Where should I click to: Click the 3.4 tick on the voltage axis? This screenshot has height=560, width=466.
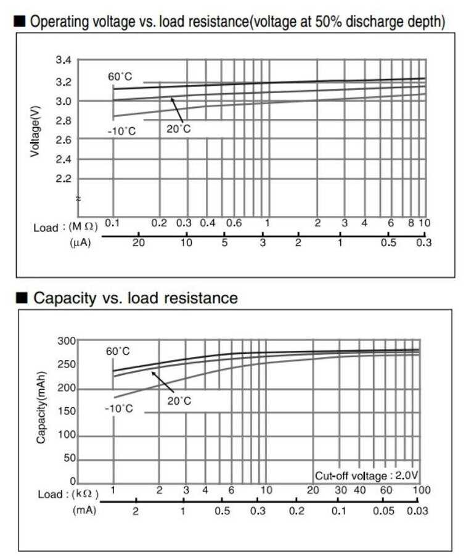[63, 60]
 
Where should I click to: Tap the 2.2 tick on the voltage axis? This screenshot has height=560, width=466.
[63, 179]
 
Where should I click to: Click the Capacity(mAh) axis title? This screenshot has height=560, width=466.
[41, 408]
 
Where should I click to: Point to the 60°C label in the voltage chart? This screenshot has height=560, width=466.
[120, 76]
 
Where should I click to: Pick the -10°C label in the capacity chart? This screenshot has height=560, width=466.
[119, 408]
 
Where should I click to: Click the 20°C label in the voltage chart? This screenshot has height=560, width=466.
[179, 129]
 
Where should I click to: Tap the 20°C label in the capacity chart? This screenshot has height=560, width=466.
[179, 401]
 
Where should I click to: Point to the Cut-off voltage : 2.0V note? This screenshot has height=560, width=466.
[367, 476]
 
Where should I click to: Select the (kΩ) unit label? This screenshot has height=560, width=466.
[86, 494]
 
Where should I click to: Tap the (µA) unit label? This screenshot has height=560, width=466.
[81, 242]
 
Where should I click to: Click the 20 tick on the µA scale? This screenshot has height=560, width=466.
[139, 242]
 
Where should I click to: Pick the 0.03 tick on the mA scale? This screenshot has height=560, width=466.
[418, 511]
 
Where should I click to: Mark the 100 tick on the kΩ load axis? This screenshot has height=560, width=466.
[421, 490]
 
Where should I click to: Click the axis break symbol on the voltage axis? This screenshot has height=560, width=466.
[78, 199]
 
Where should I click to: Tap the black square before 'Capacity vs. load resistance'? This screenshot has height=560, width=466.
[22, 299]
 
